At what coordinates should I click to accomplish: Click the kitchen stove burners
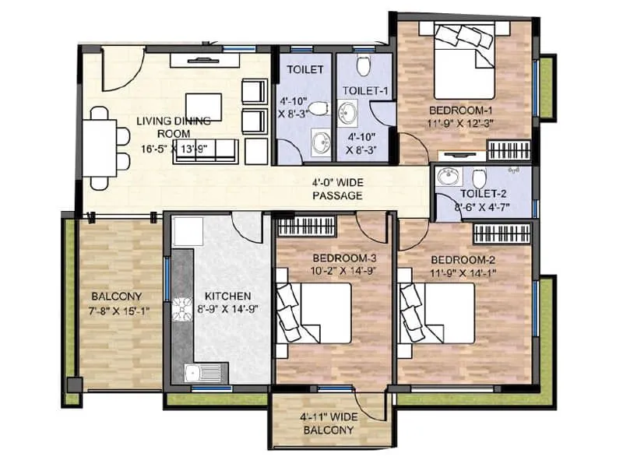(182, 311)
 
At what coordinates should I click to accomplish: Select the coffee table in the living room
(203, 107)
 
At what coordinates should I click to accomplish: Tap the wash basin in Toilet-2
(448, 177)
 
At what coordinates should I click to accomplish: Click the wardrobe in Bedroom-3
(306, 227)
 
